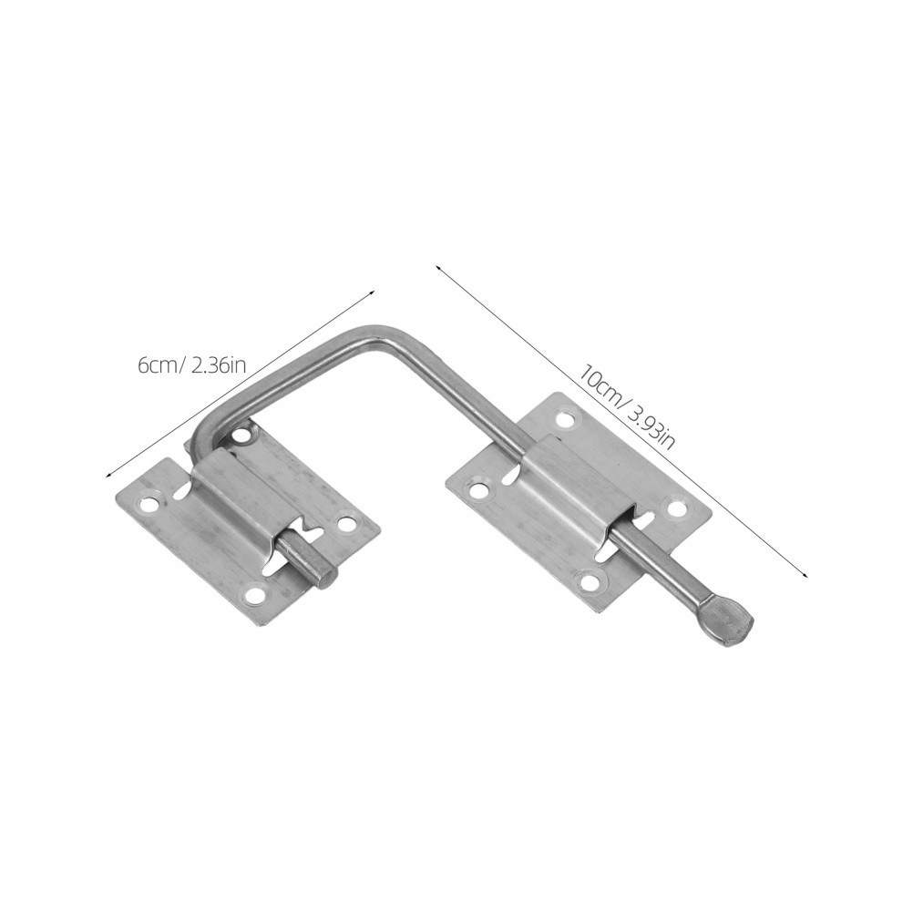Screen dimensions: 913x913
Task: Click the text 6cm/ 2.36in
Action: [192, 367]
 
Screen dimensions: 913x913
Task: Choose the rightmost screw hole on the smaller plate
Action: [347, 522]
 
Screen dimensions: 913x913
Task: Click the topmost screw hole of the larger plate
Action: [564, 419]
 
